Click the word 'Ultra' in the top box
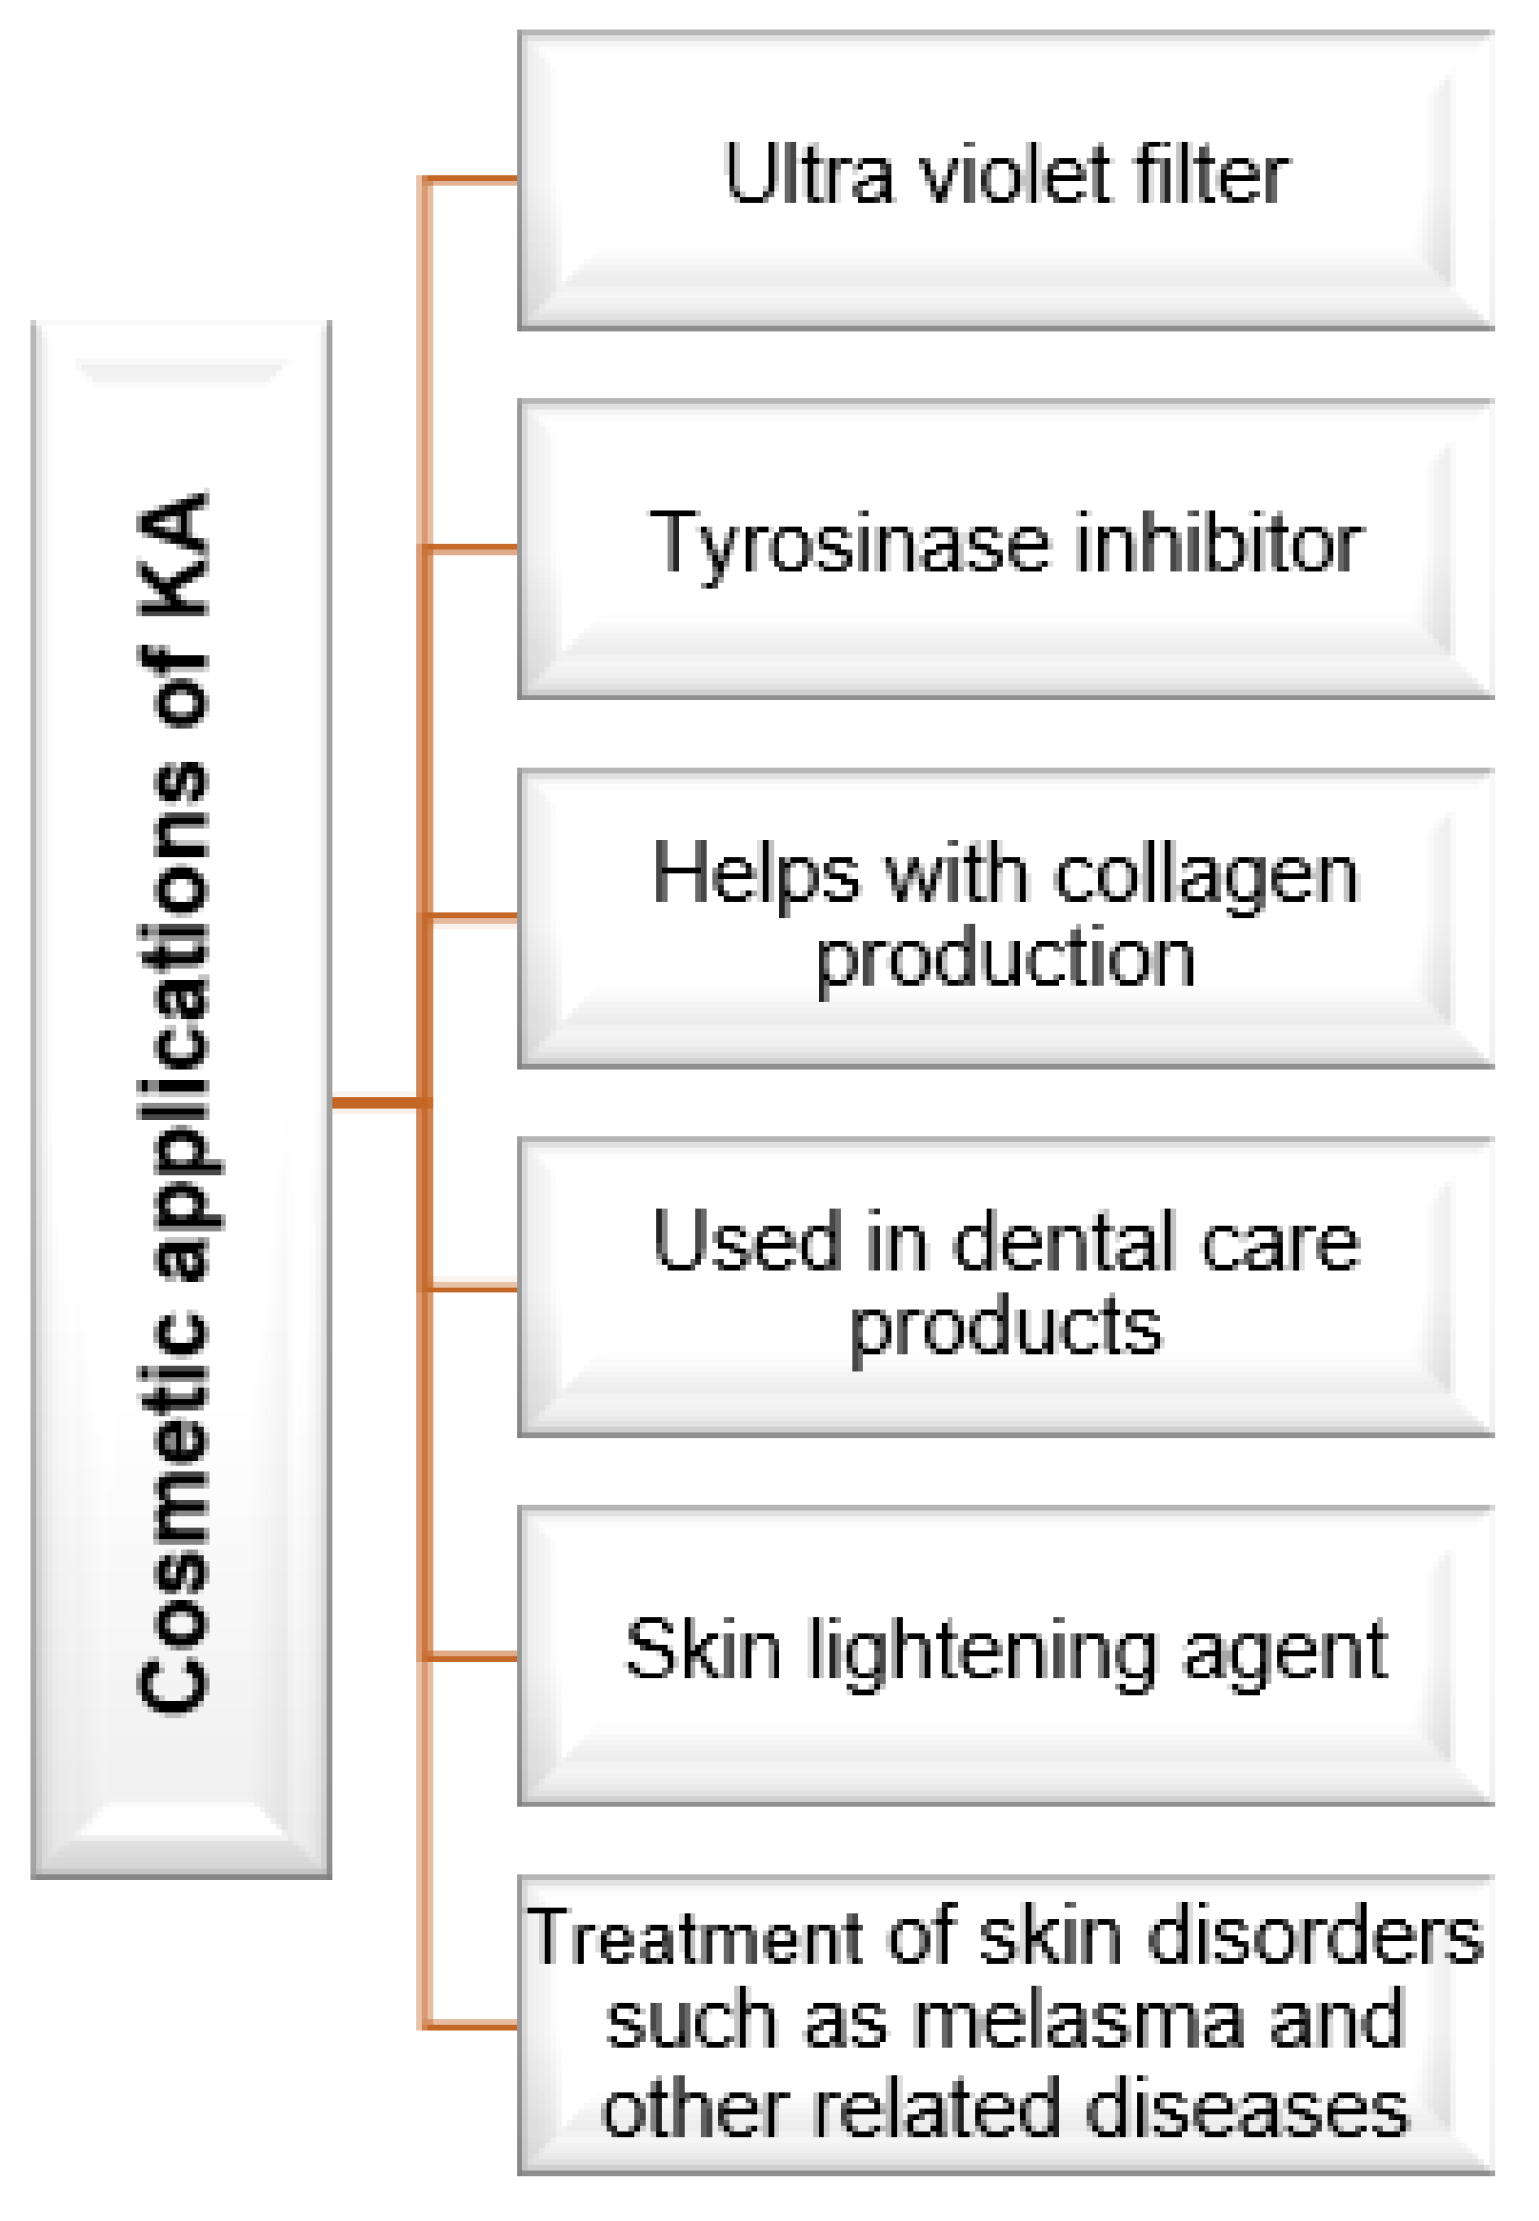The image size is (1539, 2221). (809, 175)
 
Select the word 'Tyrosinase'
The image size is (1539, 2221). (849, 546)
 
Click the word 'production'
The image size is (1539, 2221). (1005, 960)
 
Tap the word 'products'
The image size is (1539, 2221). (1005, 1329)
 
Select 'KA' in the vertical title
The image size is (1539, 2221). (173, 555)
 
